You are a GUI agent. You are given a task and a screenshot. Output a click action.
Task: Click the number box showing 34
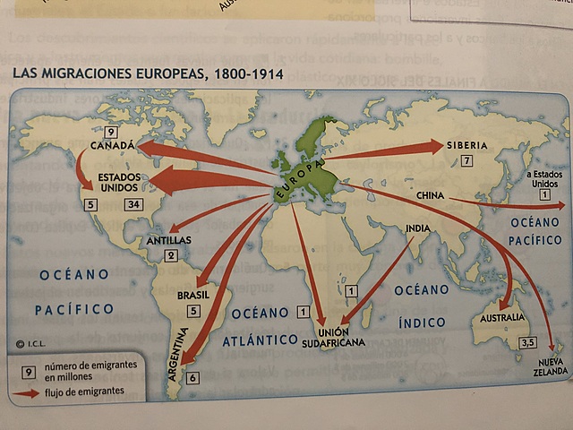click(134, 204)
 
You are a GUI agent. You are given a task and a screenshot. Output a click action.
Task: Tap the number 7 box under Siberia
click(466, 162)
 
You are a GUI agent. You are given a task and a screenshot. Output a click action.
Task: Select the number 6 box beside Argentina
click(193, 378)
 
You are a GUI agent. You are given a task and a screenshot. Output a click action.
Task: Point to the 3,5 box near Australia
click(528, 342)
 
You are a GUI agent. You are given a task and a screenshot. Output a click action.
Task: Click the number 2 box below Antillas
click(171, 255)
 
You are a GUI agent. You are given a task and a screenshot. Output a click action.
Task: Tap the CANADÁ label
click(113, 145)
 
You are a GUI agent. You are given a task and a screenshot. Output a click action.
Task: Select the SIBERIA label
click(466, 145)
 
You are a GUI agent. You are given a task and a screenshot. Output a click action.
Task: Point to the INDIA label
click(417, 228)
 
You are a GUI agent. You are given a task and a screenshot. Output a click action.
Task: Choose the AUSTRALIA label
click(502, 318)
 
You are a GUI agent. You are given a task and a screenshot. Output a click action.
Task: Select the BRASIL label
click(193, 295)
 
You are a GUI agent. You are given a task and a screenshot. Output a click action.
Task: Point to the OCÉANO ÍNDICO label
click(422, 305)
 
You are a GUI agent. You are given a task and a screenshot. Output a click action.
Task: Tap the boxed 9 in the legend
click(29, 371)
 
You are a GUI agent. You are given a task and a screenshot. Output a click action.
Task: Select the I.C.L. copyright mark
click(30, 342)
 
